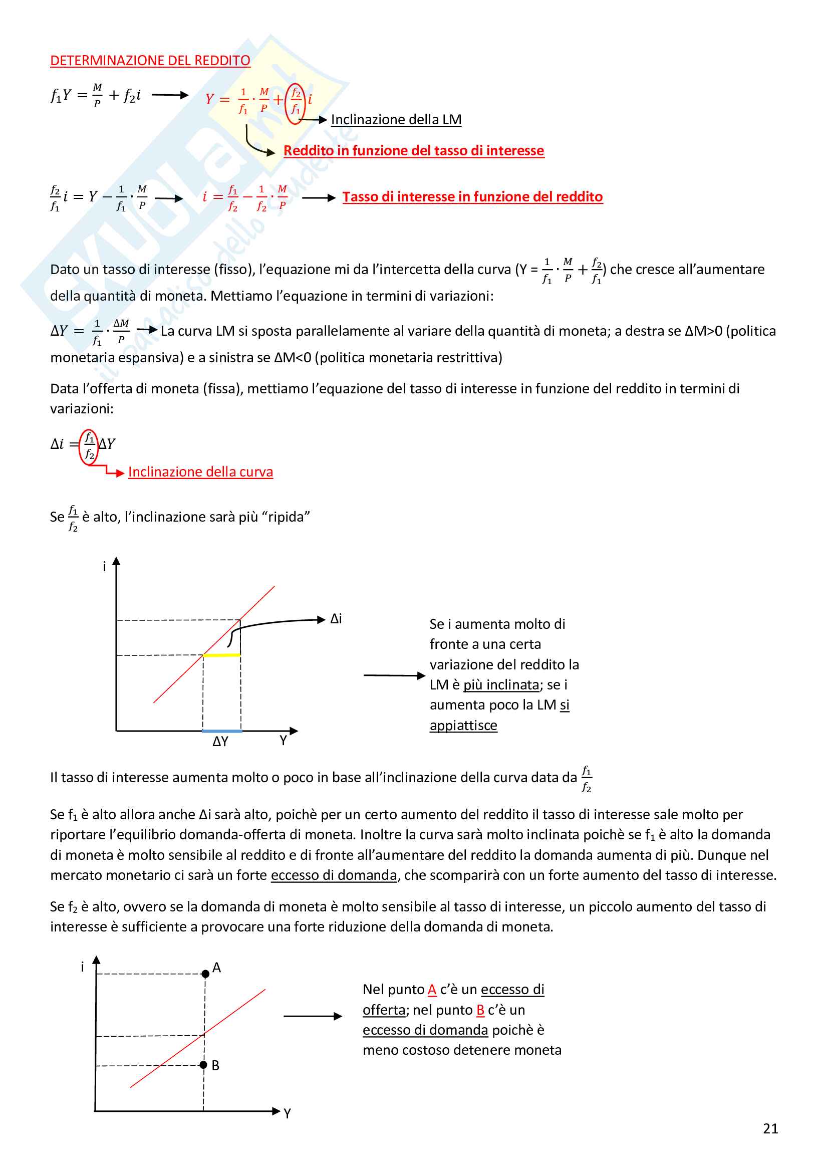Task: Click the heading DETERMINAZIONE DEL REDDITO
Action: (x=150, y=60)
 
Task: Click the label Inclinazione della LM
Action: (x=396, y=119)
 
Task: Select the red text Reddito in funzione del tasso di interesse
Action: (x=413, y=151)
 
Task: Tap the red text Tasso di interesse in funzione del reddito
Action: (x=472, y=196)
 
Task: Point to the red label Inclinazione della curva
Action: (x=200, y=472)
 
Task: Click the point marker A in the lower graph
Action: (x=205, y=974)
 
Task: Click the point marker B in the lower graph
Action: (x=203, y=1064)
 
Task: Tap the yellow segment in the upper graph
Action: (x=221, y=655)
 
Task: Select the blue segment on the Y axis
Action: (x=222, y=731)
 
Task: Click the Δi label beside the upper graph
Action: (x=336, y=619)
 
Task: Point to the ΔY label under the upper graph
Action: (x=220, y=742)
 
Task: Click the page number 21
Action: (x=770, y=1128)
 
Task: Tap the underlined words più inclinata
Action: (x=501, y=684)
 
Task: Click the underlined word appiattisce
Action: (x=463, y=726)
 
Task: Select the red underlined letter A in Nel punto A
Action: (x=432, y=989)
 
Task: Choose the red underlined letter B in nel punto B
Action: (x=480, y=1010)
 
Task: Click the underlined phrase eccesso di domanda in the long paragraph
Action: (x=334, y=875)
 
